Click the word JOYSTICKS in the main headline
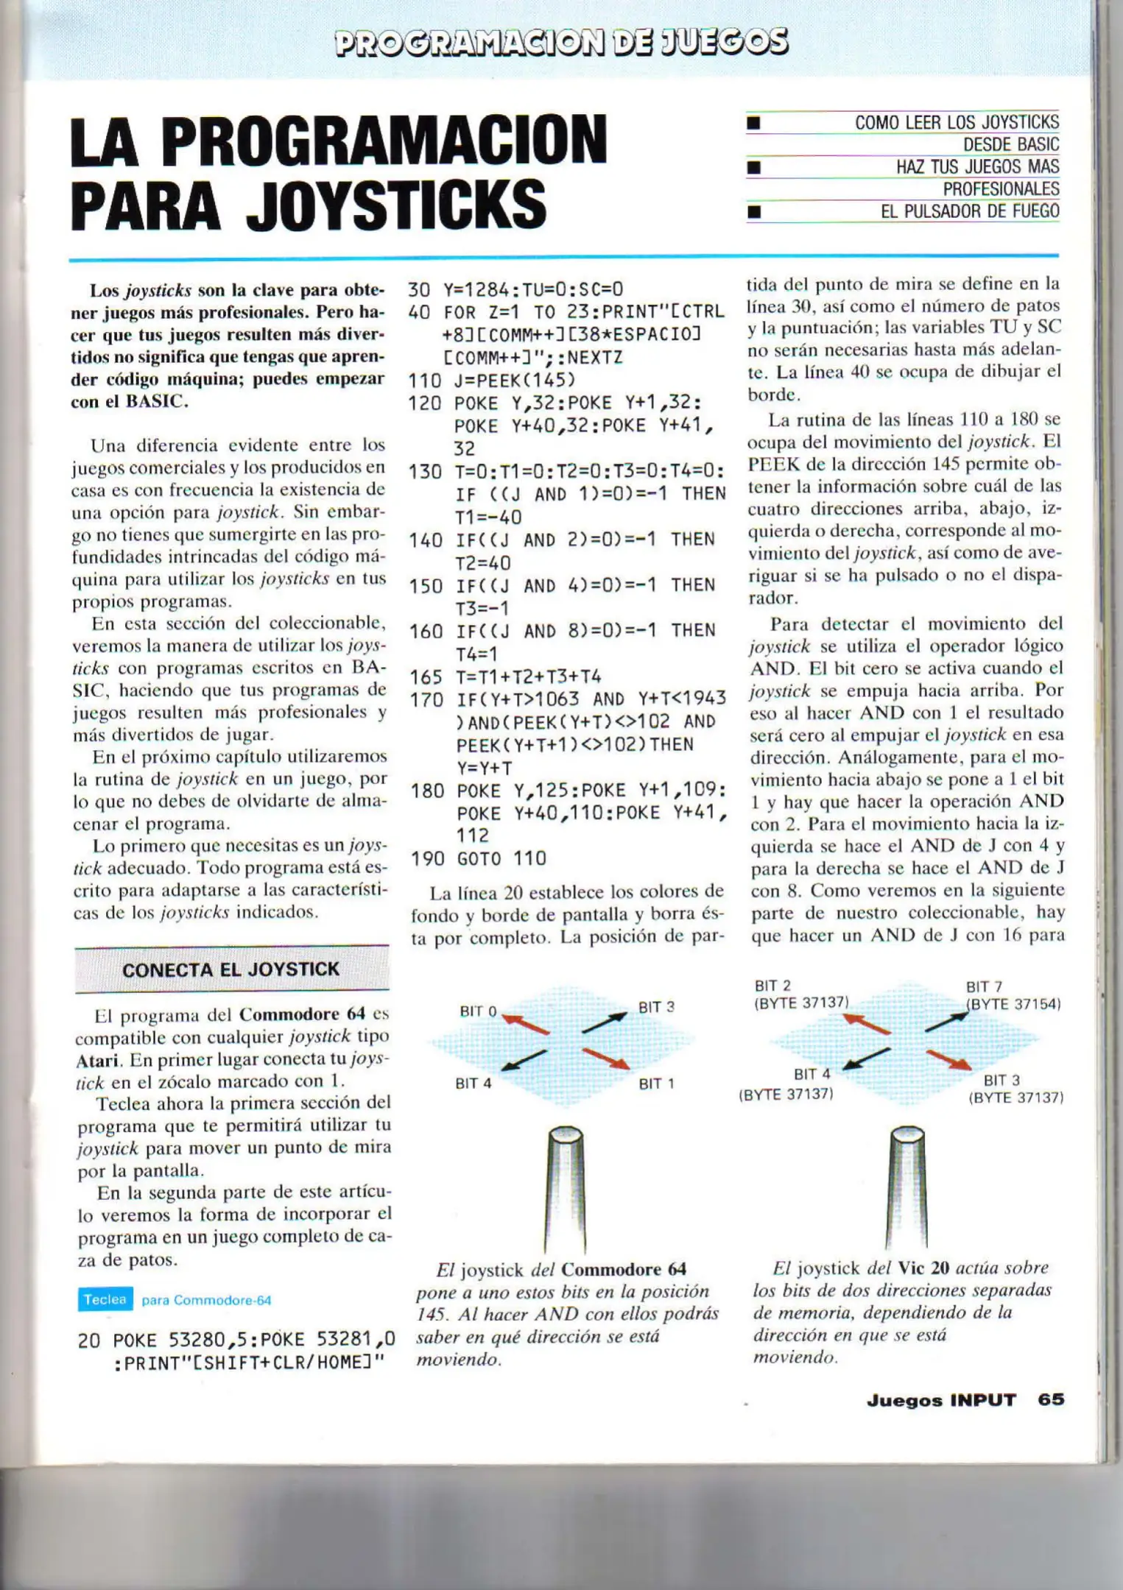click(x=396, y=204)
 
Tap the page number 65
click(x=1051, y=1399)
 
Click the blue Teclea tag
click(x=105, y=1299)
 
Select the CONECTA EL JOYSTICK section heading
click(x=230, y=969)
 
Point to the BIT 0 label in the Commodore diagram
click(x=478, y=1011)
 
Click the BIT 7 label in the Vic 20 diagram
click(x=984, y=986)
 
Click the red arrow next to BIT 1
click(x=605, y=1058)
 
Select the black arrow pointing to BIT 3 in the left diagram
click(x=604, y=1022)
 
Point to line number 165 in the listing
click(x=425, y=676)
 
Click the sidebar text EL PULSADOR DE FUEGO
click(x=969, y=211)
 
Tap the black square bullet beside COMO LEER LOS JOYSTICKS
click(x=753, y=123)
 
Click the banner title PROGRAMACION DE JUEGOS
click(x=561, y=42)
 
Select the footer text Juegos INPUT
click(x=940, y=1399)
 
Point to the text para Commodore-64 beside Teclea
click(x=206, y=1300)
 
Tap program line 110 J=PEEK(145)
click(x=491, y=381)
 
